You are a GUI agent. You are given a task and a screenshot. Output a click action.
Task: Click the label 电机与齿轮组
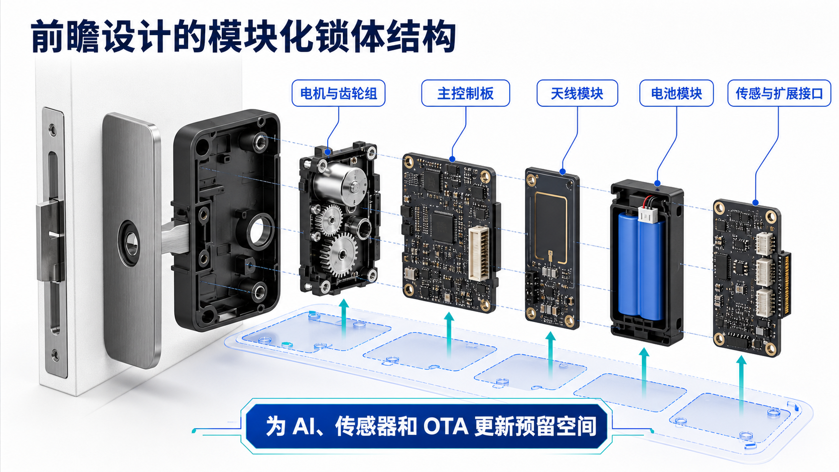pos(338,93)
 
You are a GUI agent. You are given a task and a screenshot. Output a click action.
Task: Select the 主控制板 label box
pos(466,93)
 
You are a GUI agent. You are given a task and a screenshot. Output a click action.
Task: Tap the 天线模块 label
pos(577,93)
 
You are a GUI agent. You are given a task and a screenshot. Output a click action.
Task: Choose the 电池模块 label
pos(676,93)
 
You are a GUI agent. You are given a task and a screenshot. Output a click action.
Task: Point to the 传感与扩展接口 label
pos(779,93)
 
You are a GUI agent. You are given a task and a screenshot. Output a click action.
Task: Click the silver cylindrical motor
pos(339,185)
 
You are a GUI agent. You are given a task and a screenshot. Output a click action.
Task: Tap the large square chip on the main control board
pos(443,226)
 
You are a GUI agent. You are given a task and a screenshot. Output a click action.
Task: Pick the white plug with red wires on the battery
pos(647,214)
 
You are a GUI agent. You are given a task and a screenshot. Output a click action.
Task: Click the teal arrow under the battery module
pos(644,373)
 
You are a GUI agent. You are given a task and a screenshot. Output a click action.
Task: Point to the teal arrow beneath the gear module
pos(344,318)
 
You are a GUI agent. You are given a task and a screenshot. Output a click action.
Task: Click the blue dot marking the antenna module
pos(563,172)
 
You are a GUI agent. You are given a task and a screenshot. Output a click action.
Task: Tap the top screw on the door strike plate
pos(54,129)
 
